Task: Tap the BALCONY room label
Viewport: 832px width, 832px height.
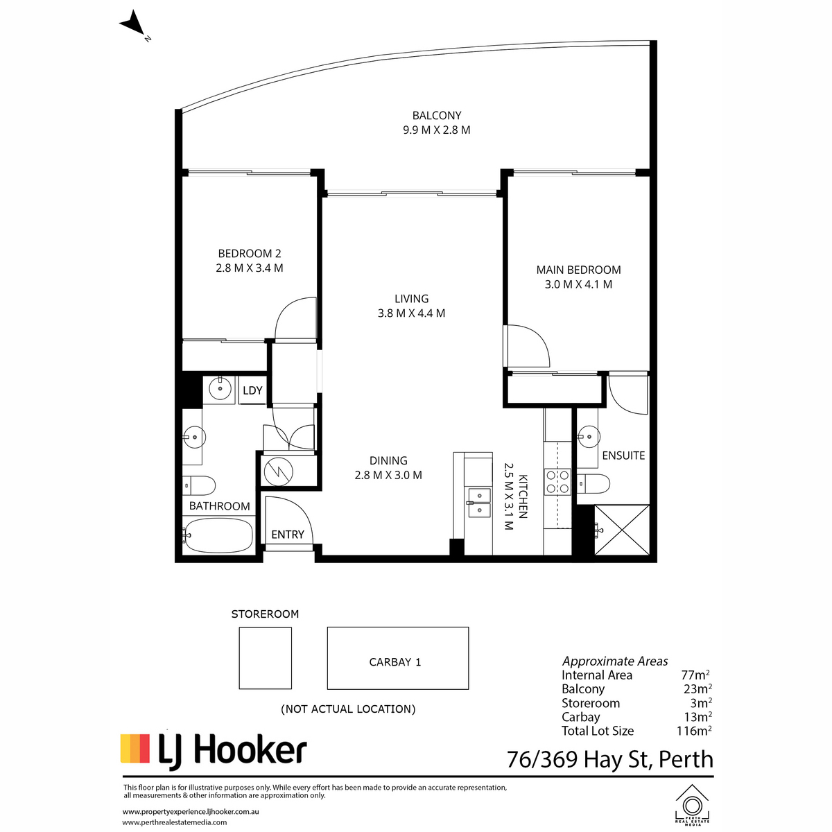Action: (x=437, y=116)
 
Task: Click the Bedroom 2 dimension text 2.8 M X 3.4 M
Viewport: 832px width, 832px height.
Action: (x=250, y=268)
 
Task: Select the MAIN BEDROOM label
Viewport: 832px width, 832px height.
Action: (x=578, y=270)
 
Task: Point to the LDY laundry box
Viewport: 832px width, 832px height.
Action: (x=252, y=390)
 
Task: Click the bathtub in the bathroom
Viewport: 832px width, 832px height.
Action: (x=218, y=535)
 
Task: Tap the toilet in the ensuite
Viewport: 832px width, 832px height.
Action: (x=593, y=483)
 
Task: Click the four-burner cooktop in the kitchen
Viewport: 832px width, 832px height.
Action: (x=557, y=482)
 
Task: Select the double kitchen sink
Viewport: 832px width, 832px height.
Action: (x=479, y=503)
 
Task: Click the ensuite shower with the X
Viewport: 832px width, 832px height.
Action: (x=622, y=529)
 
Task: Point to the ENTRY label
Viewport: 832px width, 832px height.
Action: (x=288, y=535)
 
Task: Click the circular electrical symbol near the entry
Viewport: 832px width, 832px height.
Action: (x=279, y=471)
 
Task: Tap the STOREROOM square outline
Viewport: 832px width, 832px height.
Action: (x=265, y=658)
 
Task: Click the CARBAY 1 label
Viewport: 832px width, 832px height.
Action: (x=395, y=662)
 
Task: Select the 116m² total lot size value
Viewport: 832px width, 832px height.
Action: (x=694, y=731)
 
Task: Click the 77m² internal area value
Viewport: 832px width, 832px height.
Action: (x=695, y=675)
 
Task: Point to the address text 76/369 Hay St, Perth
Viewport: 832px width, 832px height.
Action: (x=609, y=759)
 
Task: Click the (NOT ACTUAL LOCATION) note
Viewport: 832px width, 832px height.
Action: (x=348, y=709)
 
